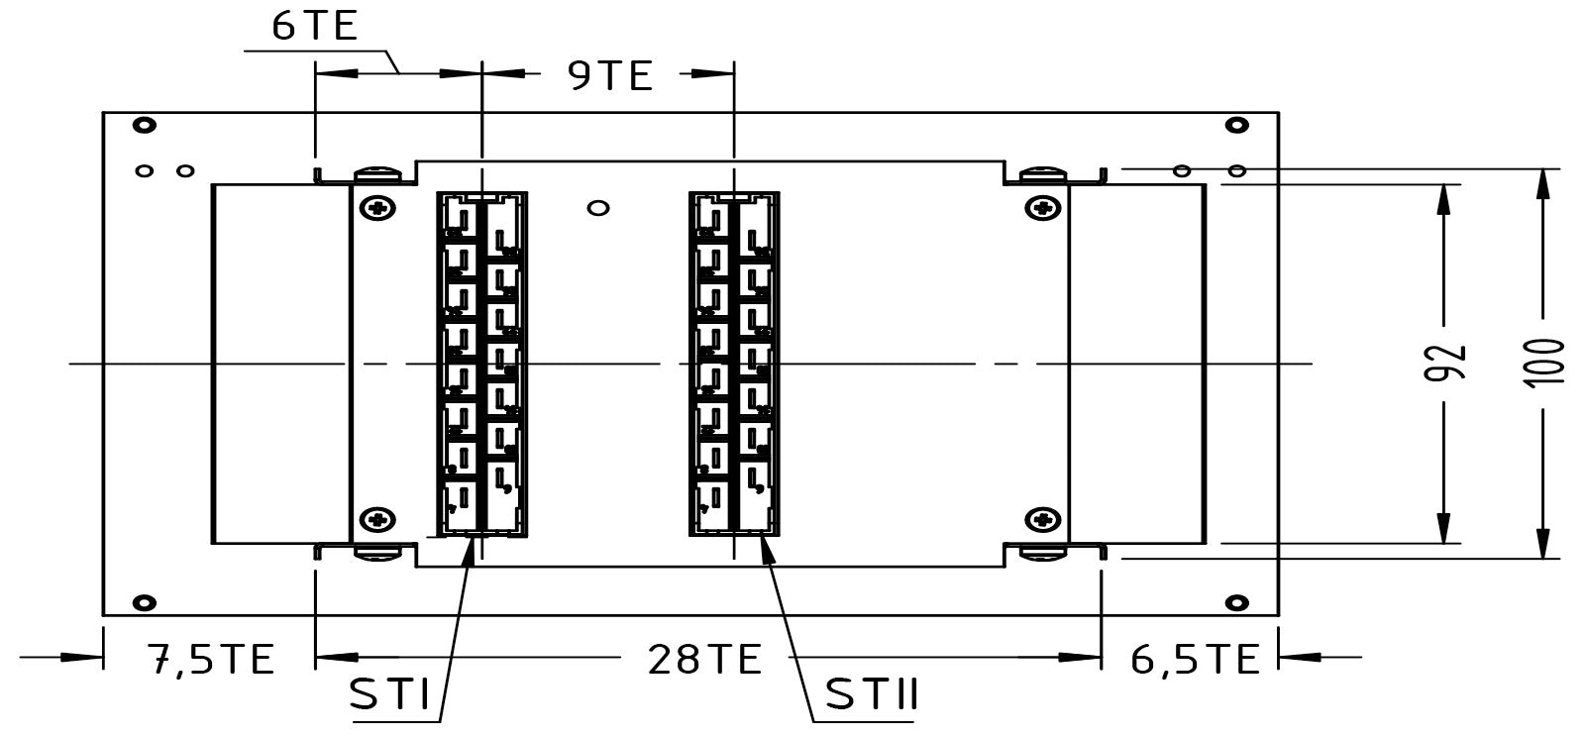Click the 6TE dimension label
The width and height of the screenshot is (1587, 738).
coord(315,26)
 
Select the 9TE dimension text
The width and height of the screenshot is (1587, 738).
coord(611,75)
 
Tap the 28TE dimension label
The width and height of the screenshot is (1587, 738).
coord(704,659)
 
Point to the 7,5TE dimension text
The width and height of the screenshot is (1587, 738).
coord(210,659)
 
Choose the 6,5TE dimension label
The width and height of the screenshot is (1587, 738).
coord(1194,659)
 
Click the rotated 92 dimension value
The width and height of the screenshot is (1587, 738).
coord(1445,364)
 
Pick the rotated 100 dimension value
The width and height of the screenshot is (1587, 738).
coord(1545,364)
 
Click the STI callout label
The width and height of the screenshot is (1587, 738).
coord(390,696)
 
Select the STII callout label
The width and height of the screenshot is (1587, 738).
coord(872,696)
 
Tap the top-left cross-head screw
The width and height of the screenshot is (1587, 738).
coord(376,208)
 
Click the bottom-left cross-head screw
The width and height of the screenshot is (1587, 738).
coord(376,518)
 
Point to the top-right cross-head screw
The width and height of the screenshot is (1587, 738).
coord(1041,208)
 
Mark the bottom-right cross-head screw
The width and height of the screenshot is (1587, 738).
coord(1041,518)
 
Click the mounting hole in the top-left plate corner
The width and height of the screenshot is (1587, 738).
coord(145,125)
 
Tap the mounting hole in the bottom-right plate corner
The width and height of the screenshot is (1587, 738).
coord(1236,602)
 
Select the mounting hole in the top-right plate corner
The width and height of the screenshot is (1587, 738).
coord(1236,125)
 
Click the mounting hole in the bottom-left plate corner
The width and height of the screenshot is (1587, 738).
coord(145,602)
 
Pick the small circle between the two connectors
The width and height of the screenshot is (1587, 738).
coord(597,208)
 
